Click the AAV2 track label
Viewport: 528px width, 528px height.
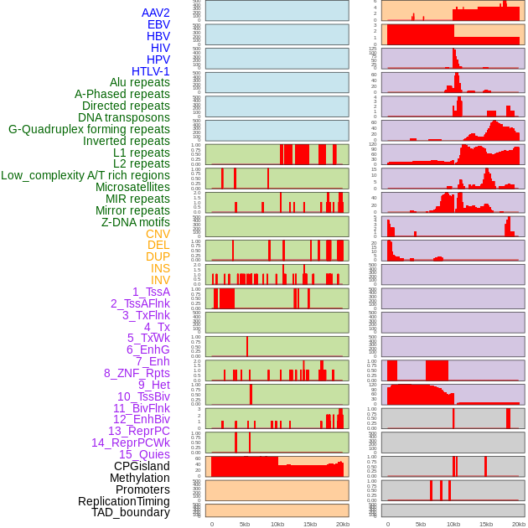[x=156, y=13]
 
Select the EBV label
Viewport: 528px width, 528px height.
[x=158, y=25]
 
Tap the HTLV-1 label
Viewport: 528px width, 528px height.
[x=151, y=71]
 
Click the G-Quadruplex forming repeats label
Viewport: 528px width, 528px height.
[x=89, y=130]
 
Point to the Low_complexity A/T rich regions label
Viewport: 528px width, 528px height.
[x=85, y=176]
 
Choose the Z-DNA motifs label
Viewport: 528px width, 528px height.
[x=136, y=222]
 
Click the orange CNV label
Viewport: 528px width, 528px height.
[x=158, y=234]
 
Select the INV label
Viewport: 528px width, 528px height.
[x=160, y=280]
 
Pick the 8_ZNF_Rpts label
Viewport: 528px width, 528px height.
[x=137, y=373]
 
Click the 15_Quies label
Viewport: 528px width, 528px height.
[x=144, y=454]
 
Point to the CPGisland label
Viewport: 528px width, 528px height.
[x=142, y=466]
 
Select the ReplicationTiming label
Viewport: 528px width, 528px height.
[x=123, y=501]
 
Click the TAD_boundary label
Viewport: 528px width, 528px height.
[x=131, y=512]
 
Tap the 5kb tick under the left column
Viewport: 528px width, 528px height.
[x=245, y=524]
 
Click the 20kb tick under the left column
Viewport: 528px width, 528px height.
[x=343, y=524]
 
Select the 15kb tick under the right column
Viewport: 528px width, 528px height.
[x=485, y=524]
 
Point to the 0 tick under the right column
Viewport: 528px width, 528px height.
[x=387, y=524]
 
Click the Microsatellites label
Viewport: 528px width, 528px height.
[x=132, y=188]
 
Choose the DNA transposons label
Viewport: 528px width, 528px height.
[x=124, y=118]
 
